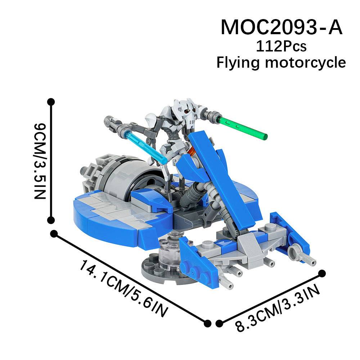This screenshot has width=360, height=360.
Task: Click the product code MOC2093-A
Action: (282, 27)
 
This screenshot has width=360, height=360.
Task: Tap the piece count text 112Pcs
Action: (281, 46)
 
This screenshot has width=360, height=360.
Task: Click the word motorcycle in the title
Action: (305, 62)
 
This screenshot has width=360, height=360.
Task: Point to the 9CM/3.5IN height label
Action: (40, 161)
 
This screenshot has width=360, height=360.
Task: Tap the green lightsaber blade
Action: (242, 127)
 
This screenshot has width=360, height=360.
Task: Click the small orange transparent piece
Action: (192, 150)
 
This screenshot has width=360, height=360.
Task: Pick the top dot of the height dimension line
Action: (51, 102)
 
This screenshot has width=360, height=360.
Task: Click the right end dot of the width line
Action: (322, 274)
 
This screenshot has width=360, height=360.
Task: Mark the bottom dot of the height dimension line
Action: (51, 220)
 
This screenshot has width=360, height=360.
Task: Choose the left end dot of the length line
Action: (54, 234)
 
